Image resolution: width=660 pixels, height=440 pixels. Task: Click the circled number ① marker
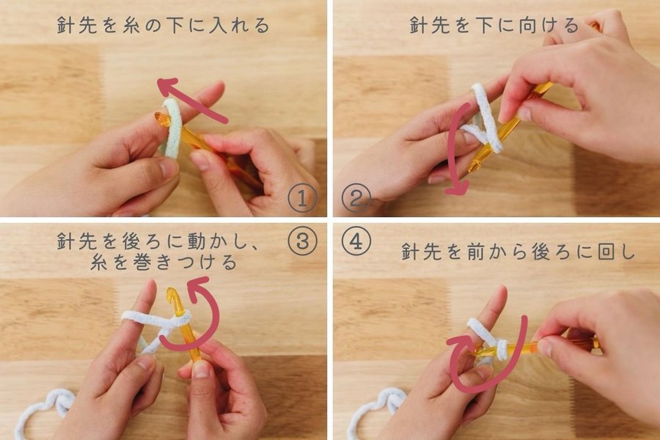tap(302, 199)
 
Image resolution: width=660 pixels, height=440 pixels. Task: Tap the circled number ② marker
tap(356, 199)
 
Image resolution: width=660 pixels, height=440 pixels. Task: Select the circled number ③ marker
tap(302, 242)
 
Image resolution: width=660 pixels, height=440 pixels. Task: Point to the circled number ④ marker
tap(356, 242)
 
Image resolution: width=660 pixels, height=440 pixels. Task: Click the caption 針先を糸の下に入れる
tap(164, 25)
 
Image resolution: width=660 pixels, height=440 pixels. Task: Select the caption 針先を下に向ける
tap(495, 25)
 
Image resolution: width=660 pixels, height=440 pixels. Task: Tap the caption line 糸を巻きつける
tap(164, 263)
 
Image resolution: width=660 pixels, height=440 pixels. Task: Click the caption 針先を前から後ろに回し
tap(518, 252)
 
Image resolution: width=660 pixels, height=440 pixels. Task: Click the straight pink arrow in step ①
tap(192, 100)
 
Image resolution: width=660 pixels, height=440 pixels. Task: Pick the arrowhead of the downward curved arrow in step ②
tap(457, 188)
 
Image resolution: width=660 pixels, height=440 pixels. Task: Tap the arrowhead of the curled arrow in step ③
tap(198, 283)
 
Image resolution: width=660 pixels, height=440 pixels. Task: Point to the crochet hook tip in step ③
tap(172, 295)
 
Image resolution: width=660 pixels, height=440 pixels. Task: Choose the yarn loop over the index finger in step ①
tap(172, 126)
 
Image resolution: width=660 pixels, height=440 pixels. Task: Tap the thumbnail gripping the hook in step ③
tap(200, 370)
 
